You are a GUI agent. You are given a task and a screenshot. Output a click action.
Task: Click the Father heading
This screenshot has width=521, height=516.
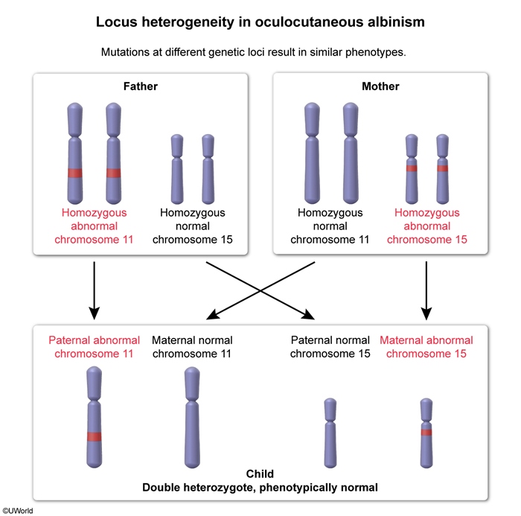tap(141, 86)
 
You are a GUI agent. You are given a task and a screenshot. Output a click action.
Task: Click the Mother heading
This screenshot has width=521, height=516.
tap(380, 86)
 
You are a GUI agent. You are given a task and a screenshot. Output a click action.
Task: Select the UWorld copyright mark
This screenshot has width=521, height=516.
tap(17, 510)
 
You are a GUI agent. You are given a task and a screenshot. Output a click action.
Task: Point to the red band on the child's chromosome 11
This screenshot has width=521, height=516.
tap(94, 436)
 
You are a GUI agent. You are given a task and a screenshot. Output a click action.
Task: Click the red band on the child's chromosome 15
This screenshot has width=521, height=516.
tap(426, 432)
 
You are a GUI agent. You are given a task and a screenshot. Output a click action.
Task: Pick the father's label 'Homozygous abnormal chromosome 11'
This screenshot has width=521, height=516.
tap(94, 226)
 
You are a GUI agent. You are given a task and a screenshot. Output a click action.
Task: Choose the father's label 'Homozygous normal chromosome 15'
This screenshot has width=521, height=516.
tap(192, 226)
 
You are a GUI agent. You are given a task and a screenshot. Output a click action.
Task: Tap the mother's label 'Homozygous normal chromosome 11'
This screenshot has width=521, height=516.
tap(330, 226)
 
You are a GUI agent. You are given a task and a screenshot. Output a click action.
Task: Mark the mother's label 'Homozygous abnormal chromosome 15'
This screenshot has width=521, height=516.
tap(426, 226)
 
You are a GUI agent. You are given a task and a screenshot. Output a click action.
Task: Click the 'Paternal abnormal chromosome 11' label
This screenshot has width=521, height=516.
tap(94, 347)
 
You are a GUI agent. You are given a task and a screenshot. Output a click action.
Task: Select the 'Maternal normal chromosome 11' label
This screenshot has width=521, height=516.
tap(192, 347)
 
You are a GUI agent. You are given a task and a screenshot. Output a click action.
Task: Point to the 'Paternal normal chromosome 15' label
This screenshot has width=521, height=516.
tap(330, 347)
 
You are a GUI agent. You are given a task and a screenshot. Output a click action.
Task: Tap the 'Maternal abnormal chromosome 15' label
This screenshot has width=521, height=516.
tap(426, 347)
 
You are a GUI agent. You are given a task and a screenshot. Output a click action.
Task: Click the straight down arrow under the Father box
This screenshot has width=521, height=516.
tap(94, 287)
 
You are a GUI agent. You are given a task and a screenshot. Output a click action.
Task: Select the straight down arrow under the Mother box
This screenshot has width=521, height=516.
tap(426, 287)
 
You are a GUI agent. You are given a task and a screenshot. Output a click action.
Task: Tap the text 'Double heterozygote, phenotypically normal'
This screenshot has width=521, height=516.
tap(260, 488)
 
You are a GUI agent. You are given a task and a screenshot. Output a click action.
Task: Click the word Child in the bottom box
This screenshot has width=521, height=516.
tap(260, 474)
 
